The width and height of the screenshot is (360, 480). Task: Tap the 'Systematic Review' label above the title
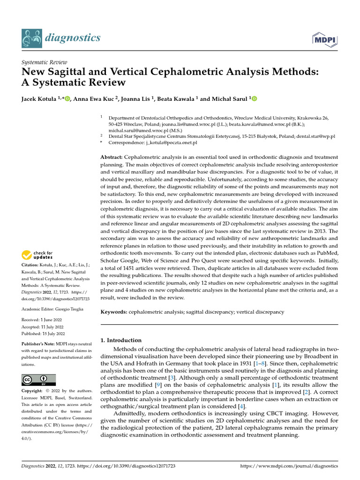45,62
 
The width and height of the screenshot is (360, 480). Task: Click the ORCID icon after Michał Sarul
255,98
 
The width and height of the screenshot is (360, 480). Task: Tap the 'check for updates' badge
37,255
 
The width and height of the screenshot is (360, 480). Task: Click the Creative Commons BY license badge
38,380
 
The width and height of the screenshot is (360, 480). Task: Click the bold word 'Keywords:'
114,312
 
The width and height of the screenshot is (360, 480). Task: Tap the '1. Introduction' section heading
121,340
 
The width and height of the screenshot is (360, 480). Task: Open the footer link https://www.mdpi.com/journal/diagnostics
289,466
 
